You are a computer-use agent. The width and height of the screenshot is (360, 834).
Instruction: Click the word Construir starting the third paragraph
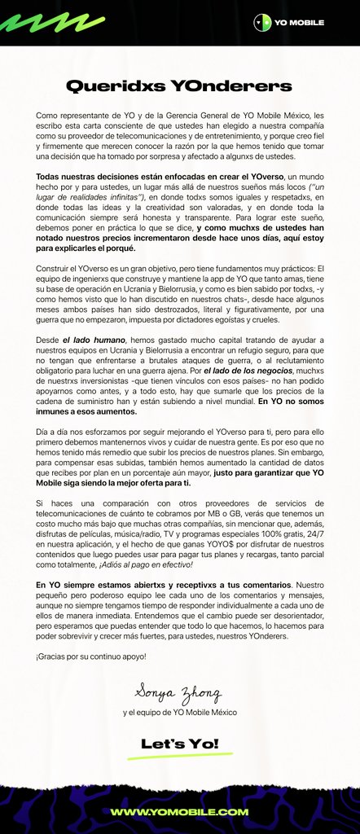tap(54, 268)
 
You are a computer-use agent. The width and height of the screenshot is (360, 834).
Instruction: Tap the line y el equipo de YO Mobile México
tap(179, 713)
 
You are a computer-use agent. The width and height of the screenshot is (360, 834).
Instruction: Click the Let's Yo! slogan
tap(179, 744)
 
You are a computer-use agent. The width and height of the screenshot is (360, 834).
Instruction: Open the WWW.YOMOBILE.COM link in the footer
tap(179, 811)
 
